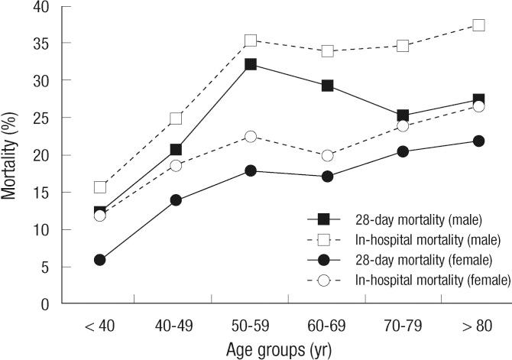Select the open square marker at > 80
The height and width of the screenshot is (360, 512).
click(x=478, y=25)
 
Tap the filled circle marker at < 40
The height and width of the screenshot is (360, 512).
click(x=99, y=260)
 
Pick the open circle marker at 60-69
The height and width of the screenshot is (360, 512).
click(x=328, y=155)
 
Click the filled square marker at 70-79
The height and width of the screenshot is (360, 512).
click(x=403, y=116)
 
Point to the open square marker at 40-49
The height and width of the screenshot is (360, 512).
click(x=176, y=118)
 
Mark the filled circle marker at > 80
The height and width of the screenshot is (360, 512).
click(x=478, y=141)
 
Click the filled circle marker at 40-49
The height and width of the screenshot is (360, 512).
click(x=176, y=200)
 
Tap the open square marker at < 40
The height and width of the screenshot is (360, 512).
click(x=99, y=187)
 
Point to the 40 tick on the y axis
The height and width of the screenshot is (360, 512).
click(x=39, y=7)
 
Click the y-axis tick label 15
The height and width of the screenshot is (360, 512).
click(x=39, y=193)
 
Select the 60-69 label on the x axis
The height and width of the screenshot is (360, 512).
click(x=328, y=325)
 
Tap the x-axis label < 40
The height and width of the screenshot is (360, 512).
click(x=99, y=325)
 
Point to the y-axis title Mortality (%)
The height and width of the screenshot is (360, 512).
click(x=10, y=156)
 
